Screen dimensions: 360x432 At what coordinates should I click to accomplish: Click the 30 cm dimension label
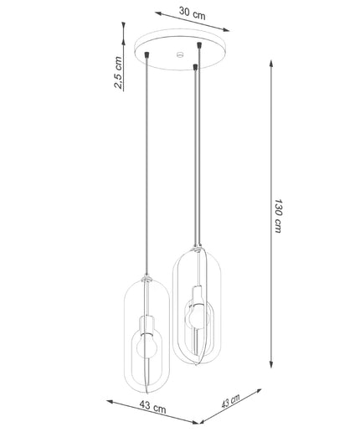tap(193, 13)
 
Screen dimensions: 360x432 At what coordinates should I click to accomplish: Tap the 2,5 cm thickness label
tap(118, 72)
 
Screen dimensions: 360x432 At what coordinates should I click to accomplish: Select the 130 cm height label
tap(278, 216)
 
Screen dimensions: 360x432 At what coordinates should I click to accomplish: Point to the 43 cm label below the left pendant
tap(152, 407)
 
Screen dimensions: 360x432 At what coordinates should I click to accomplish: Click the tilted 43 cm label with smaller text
tap(230, 401)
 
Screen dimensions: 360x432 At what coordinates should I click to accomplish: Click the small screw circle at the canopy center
tap(180, 54)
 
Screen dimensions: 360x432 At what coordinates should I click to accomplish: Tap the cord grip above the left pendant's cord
tap(147, 54)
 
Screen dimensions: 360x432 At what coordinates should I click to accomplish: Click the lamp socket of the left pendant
tap(147, 327)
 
